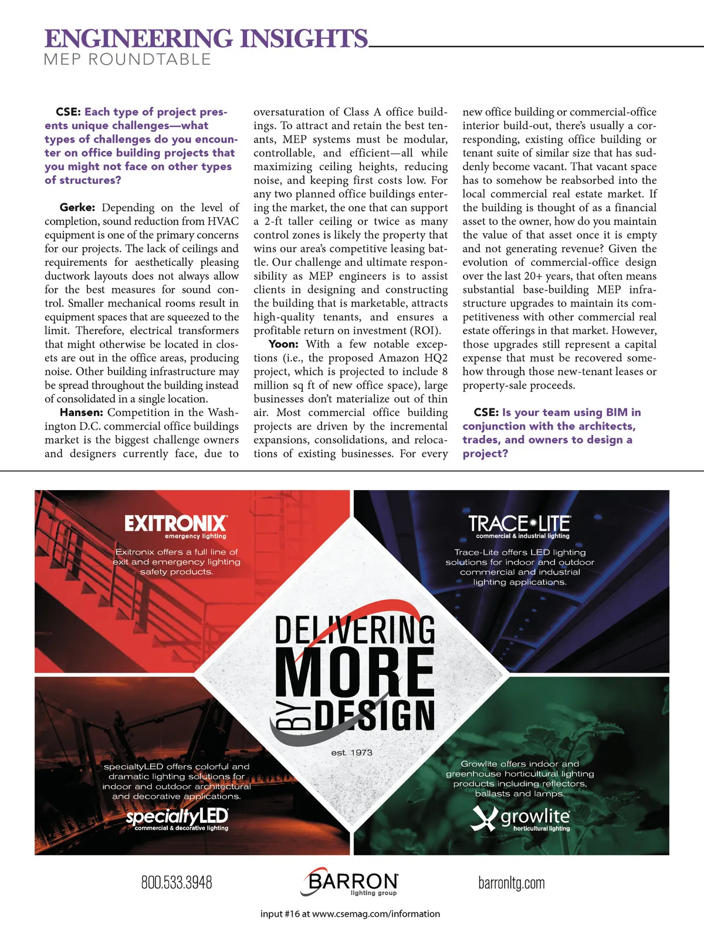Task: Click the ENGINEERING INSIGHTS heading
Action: (x=206, y=39)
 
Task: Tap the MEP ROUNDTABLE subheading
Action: (x=127, y=59)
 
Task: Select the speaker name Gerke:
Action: (x=77, y=208)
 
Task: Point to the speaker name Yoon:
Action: (x=283, y=344)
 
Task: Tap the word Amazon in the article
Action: (x=399, y=358)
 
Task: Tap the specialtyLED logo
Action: (x=177, y=818)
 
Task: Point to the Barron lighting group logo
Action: (x=351, y=882)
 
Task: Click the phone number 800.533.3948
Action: (x=177, y=883)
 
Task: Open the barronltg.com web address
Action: (x=511, y=883)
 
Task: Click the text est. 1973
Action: (x=351, y=752)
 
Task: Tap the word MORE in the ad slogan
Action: (x=356, y=671)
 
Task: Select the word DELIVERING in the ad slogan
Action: (x=355, y=630)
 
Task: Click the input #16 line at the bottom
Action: (x=350, y=914)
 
